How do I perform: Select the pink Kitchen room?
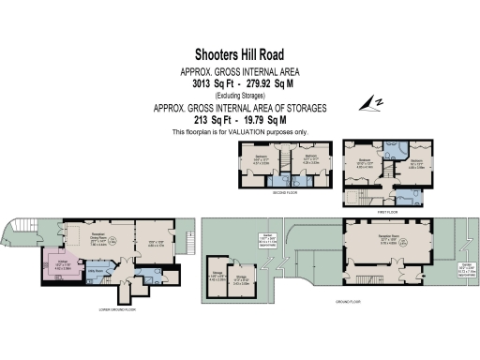[57, 262]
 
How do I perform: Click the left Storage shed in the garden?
[217, 276]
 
